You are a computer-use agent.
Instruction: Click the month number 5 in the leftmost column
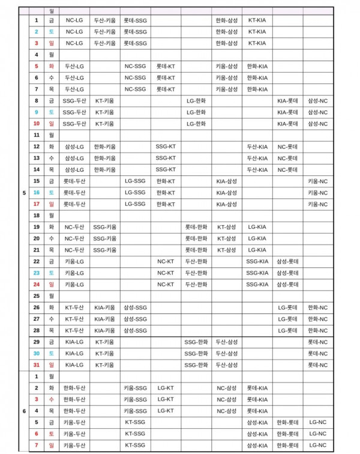tap(24, 192)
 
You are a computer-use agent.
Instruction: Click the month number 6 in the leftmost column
tap(24, 411)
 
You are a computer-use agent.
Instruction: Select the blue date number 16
tap(36, 192)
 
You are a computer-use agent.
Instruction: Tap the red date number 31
tap(36, 365)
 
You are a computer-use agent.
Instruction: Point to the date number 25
tap(36, 296)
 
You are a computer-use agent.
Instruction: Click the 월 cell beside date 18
tap(52, 215)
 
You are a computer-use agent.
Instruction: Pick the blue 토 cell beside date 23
tap(52, 273)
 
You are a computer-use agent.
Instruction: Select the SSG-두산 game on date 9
tap(74, 112)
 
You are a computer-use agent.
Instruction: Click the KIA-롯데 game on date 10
tap(287, 123)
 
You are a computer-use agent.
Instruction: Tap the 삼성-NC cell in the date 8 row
tap(317, 100)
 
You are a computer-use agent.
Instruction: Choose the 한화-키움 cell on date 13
tap(105, 158)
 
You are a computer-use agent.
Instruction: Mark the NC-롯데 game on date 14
tap(287, 169)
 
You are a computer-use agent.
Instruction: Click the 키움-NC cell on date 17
tap(317, 204)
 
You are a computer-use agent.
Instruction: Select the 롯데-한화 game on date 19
tap(196, 227)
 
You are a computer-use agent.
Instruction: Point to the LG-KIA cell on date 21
tap(257, 250)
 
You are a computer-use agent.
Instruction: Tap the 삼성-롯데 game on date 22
tap(287, 261)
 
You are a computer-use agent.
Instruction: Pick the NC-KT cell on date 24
tap(166, 284)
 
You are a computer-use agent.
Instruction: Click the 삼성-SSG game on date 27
tap(135, 319)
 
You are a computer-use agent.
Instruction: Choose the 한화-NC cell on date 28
tap(317, 330)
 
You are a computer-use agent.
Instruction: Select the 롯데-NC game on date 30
tap(317, 353)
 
